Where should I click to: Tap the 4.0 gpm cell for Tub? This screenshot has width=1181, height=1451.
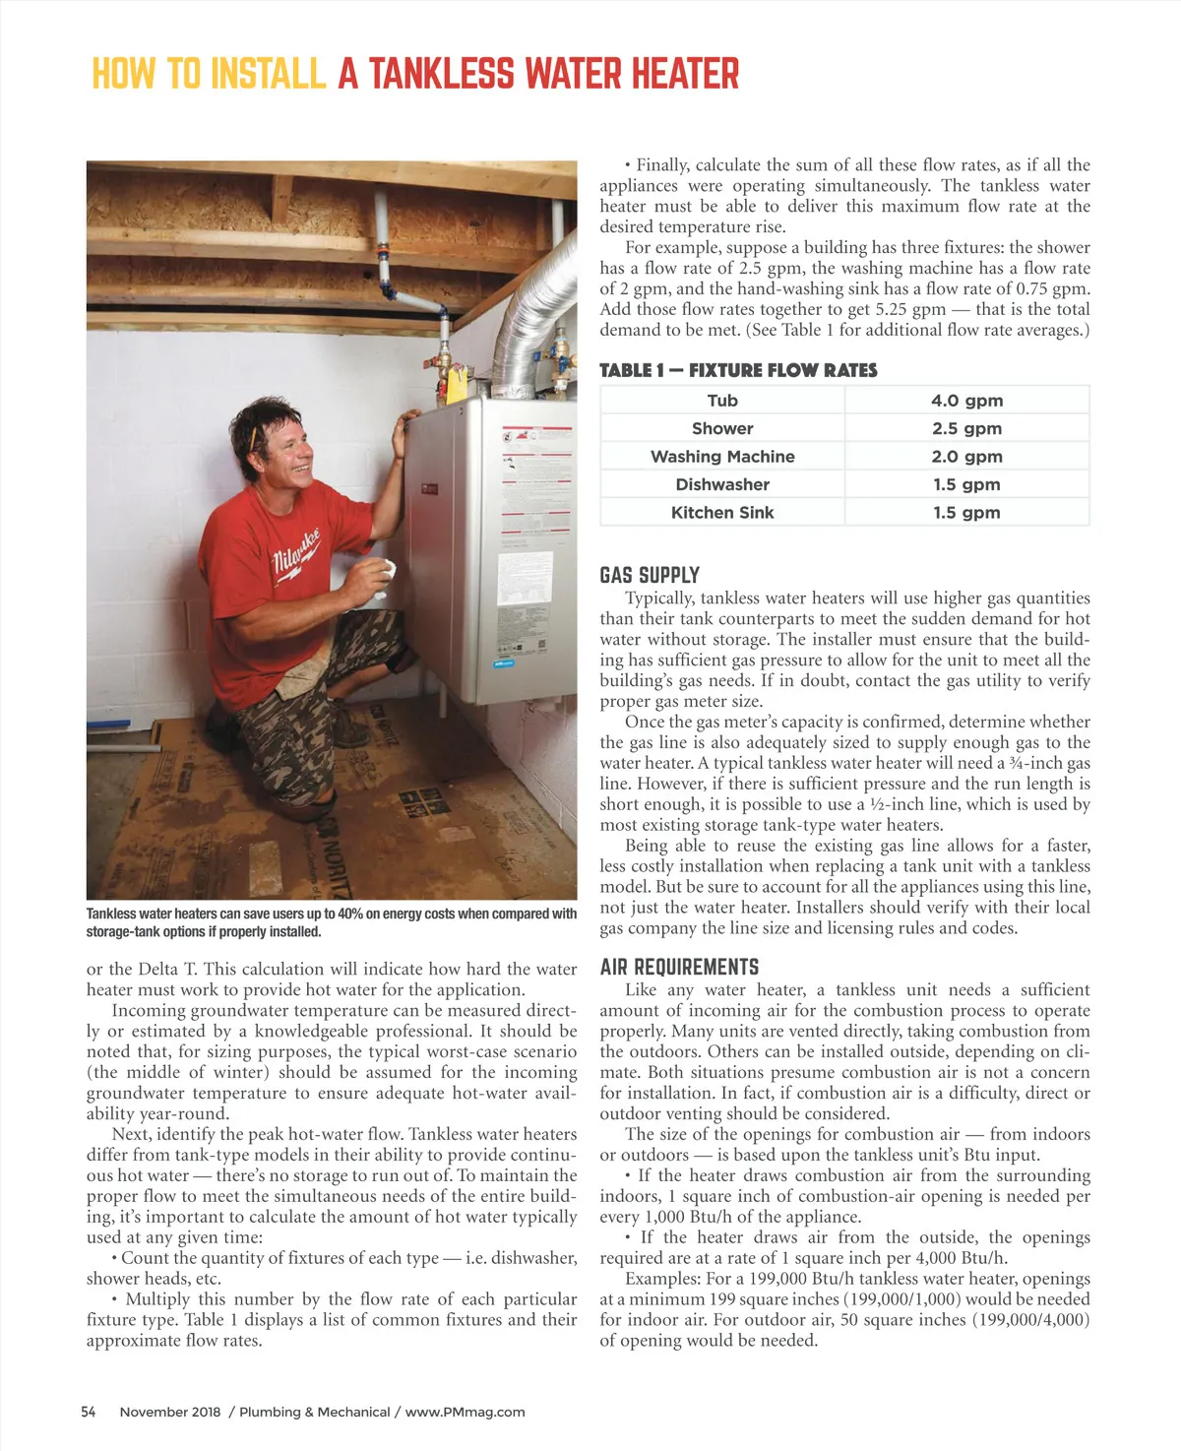[966, 401]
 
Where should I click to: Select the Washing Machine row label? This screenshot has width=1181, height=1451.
[722, 457]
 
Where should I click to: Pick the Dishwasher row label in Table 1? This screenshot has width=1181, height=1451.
[722, 484]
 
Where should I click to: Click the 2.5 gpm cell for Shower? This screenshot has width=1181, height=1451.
[966, 428]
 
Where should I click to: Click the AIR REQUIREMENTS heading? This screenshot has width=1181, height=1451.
[679, 967]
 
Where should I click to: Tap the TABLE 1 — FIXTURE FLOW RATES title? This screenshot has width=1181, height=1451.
[738, 370]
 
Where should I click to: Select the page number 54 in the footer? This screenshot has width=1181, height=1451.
[89, 1412]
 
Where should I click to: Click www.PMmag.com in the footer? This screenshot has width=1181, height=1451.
[465, 1412]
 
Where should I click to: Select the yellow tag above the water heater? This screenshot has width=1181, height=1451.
[455, 380]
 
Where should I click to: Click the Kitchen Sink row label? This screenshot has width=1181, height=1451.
[722, 513]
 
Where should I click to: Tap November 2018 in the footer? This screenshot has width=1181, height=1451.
[170, 1412]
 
